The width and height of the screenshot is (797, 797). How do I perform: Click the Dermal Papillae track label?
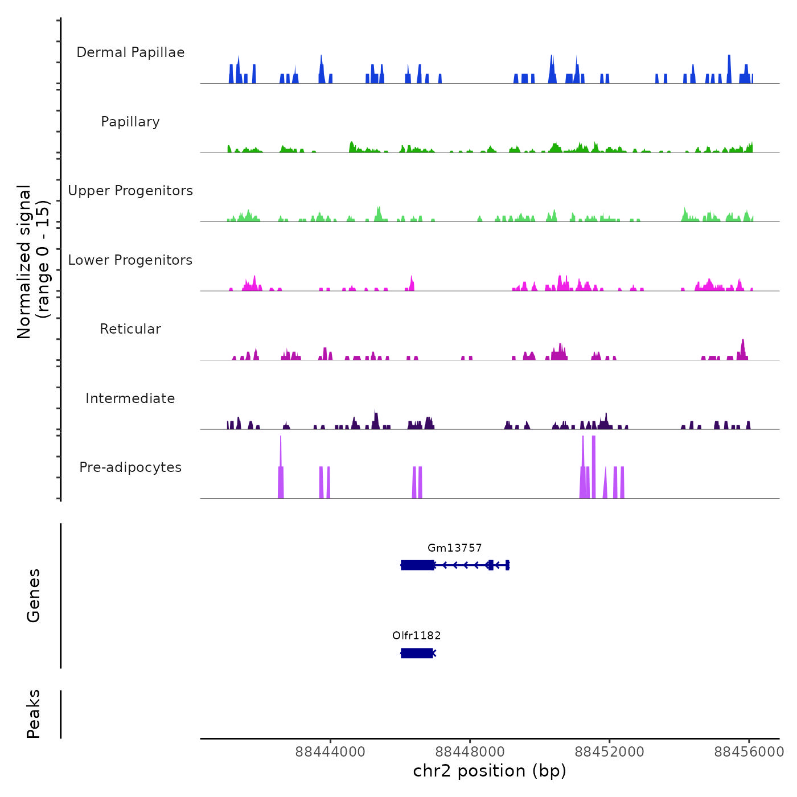[130, 52]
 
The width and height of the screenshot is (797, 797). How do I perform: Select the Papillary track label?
[130, 122]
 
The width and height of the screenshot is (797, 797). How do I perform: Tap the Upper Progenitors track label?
[130, 191]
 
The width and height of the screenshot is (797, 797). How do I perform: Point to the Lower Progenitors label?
[130, 260]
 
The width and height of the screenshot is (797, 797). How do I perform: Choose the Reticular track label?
[130, 329]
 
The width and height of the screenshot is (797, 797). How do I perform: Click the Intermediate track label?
[130, 398]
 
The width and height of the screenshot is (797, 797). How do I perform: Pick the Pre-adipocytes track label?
[130, 467]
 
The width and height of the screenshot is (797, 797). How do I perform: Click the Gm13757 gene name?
[454, 548]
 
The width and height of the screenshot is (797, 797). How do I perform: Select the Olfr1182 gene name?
[416, 636]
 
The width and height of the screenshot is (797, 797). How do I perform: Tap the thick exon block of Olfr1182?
[416, 653]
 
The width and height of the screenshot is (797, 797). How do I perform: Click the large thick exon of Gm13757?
[417, 565]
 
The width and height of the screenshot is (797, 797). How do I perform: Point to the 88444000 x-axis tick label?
[330, 752]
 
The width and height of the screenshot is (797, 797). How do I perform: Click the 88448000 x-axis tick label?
[470, 752]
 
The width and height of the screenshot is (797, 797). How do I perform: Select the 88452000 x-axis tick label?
[609, 752]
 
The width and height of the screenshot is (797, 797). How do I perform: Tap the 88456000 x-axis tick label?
[749, 752]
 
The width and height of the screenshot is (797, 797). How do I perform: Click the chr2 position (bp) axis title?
[490, 771]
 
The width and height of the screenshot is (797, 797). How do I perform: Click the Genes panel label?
[34, 595]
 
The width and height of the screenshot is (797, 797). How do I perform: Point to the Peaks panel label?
[34, 714]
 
